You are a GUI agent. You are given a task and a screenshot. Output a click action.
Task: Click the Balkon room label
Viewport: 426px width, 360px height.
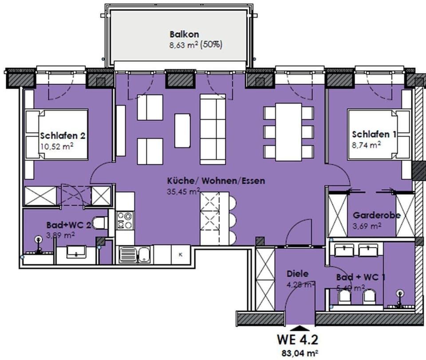[x=184, y=34]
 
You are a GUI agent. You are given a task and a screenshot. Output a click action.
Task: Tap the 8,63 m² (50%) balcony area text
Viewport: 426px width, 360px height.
[x=196, y=44]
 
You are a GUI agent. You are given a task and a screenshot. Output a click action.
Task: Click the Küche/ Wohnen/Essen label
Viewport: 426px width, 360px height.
[x=216, y=181]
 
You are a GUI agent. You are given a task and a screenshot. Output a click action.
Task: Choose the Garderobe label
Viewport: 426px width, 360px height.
[x=377, y=215]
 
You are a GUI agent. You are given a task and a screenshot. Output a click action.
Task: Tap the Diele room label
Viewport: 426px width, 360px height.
[x=297, y=274]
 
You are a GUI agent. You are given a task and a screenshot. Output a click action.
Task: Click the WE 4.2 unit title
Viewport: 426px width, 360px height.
[x=297, y=340]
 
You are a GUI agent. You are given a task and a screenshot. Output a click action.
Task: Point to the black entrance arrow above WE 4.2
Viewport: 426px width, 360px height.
[x=300, y=329]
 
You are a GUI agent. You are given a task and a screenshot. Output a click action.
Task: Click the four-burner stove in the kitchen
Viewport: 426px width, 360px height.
[x=125, y=221]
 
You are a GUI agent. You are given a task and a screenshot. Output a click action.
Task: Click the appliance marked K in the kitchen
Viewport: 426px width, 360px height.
[x=181, y=254]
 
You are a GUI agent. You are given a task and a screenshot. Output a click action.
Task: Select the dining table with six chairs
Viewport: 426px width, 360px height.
[x=288, y=131]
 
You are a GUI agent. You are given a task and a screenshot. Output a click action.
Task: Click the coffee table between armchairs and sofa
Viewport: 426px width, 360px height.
[x=182, y=130]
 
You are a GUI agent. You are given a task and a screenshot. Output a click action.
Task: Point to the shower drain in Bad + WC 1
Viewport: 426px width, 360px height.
[x=401, y=293]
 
